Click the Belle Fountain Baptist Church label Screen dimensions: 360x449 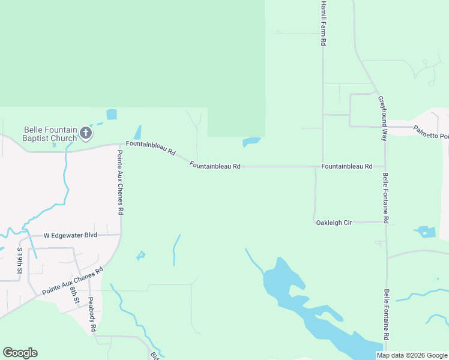(x=50, y=134)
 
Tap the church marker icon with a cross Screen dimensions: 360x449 (x=86, y=133)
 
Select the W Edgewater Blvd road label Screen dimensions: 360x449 (x=71, y=235)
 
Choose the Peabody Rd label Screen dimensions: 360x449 (x=92, y=315)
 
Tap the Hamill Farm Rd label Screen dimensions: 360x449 (x=323, y=24)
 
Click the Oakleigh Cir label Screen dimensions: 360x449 (x=333, y=223)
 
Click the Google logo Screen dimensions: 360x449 (x=20, y=353)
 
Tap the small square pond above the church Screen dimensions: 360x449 (x=112, y=114)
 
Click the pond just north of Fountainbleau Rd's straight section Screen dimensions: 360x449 (x=252, y=142)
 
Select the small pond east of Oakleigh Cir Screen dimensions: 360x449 (x=426, y=232)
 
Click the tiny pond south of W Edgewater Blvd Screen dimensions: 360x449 (x=141, y=256)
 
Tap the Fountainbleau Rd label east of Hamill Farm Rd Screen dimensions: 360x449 (x=346, y=166)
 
